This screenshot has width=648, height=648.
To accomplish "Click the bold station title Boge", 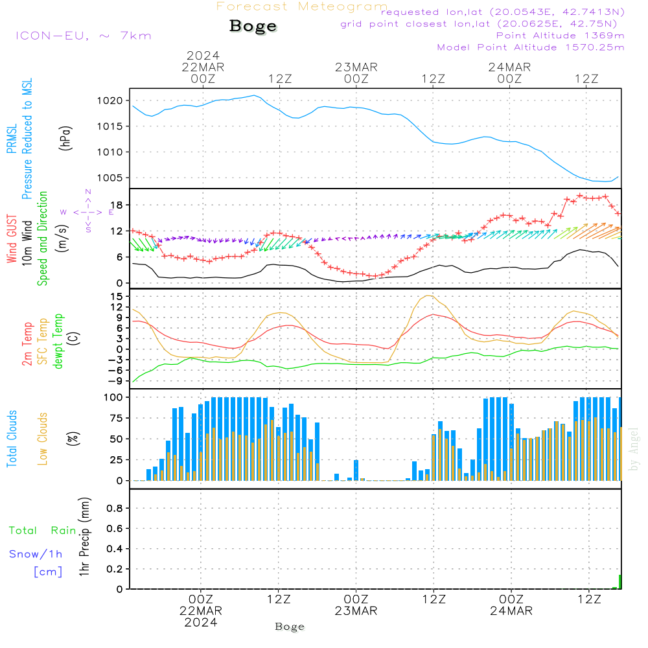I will click(253, 27).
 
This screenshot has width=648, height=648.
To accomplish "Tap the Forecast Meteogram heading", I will click(301, 6).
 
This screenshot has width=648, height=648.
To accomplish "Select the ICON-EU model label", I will click(83, 35).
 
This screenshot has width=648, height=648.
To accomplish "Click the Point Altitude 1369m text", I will click(560, 35).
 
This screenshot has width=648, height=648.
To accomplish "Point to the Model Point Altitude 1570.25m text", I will click(531, 47).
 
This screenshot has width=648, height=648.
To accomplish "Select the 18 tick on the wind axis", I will click(116, 205).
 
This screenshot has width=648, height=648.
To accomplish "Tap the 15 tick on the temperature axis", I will click(117, 296).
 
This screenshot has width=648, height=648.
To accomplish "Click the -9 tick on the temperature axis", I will click(115, 381).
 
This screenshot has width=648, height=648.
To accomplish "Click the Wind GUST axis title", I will click(12, 240).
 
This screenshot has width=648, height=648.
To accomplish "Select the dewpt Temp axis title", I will click(58, 341).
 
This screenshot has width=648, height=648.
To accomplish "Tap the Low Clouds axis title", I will click(43, 439).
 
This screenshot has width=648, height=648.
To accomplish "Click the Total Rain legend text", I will click(42, 531).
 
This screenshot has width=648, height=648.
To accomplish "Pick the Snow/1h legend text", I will click(36, 554).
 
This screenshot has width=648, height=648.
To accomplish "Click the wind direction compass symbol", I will click(88, 211).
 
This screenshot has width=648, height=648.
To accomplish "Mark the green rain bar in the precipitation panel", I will click(619, 582).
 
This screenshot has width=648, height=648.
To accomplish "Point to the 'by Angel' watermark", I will click(634, 450).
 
